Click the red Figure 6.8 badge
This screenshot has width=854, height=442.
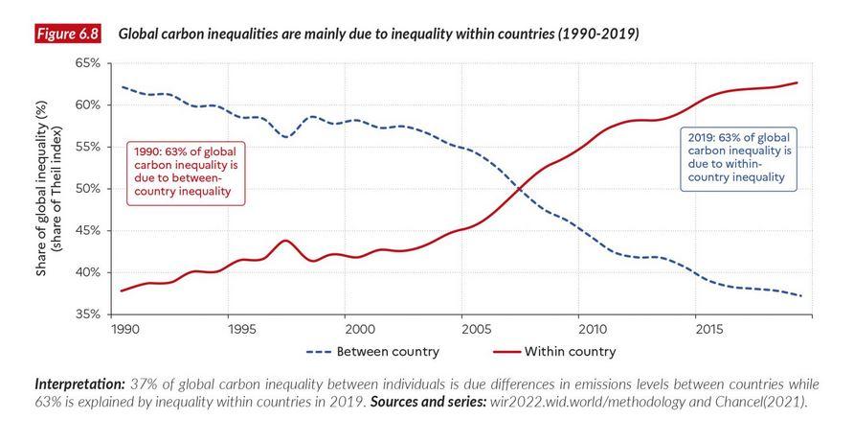pyautogui.click(x=67, y=35)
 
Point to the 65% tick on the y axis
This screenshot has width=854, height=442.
pyautogui.click(x=87, y=63)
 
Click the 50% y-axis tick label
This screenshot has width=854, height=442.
pyautogui.click(x=87, y=189)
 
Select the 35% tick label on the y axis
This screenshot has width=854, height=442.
pyautogui.click(x=87, y=314)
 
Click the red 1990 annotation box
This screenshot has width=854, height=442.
pyautogui.click(x=186, y=173)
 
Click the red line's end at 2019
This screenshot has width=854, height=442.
pyautogui.click(x=798, y=82)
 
